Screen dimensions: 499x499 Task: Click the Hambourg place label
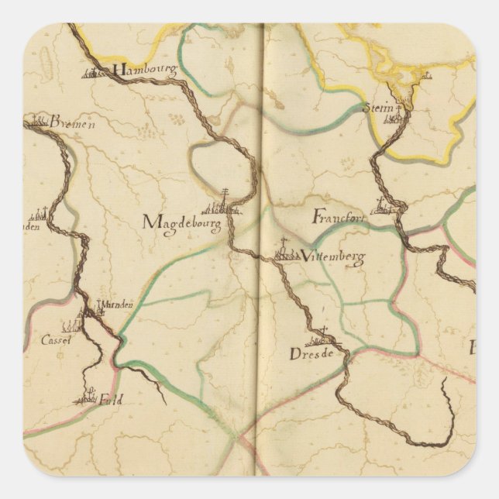tap(144, 70)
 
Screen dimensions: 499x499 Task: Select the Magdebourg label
tap(182, 223)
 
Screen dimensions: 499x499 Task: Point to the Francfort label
tap(339, 218)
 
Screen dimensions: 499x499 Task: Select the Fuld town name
tap(111, 400)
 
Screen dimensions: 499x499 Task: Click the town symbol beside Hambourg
tap(96, 74)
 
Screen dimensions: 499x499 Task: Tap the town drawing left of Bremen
tap(35, 120)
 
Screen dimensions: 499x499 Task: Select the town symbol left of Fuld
tap(88, 398)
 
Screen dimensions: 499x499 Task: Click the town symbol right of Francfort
tap(387, 207)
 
